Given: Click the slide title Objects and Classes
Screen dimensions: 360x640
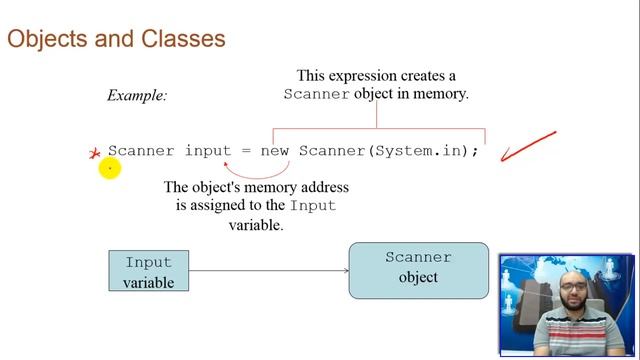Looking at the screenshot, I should click(x=116, y=39).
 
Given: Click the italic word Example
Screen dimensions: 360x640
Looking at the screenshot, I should click(x=137, y=96).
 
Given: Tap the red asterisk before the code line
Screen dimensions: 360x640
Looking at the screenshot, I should click(x=95, y=153).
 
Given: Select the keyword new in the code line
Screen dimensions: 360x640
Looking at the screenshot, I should click(x=274, y=151).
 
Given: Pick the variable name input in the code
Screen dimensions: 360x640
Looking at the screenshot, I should click(x=207, y=151).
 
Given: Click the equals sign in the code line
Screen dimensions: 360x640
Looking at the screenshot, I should click(x=245, y=151).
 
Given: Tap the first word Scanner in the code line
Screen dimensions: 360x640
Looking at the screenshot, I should click(x=141, y=151).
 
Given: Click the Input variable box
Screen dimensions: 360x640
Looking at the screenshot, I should click(x=148, y=271).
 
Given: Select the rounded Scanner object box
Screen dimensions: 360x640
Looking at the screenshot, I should click(x=418, y=269).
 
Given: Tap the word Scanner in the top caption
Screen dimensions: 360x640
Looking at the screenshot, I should click(x=317, y=94).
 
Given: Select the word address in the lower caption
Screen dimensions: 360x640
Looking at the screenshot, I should click(x=321, y=187).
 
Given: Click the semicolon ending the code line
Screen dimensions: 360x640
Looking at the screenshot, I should click(x=476, y=151).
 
